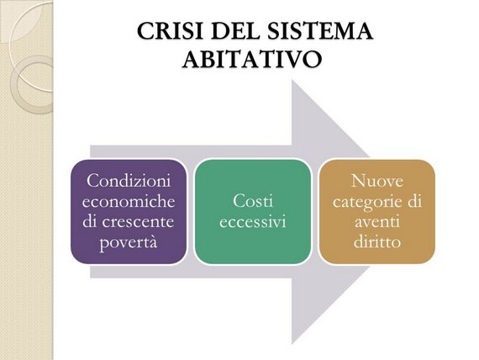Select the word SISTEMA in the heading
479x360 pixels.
click(317, 31)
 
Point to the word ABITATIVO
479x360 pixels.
click(252, 59)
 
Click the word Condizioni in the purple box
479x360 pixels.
click(129, 181)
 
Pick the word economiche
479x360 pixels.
click(129, 201)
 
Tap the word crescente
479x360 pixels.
click(138, 222)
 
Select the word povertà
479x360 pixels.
click(129, 243)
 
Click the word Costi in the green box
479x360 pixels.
click(253, 201)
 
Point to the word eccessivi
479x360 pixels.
click(253, 222)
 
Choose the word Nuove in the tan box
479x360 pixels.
click(377, 181)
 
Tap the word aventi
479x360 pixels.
click(377, 222)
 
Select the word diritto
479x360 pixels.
click(377, 242)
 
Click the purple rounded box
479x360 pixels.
click(129, 212)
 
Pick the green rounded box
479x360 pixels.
click(253, 212)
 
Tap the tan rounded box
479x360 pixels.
click(377, 212)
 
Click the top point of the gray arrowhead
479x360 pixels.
click(292, 80)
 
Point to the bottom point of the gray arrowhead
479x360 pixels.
click(292, 344)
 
